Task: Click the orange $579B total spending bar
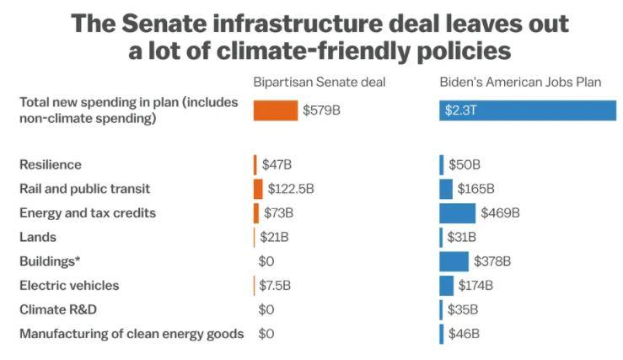275,110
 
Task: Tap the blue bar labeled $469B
457,213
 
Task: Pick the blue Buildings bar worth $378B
454,261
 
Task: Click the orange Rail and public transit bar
258,189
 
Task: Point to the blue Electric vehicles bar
446,286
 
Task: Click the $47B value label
277,164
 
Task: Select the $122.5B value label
290,189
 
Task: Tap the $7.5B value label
275,286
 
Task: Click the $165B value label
476,189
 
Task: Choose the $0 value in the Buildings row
266,261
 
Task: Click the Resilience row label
51,164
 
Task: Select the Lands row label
38,238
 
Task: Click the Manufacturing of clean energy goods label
132,334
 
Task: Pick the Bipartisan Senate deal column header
320,82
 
